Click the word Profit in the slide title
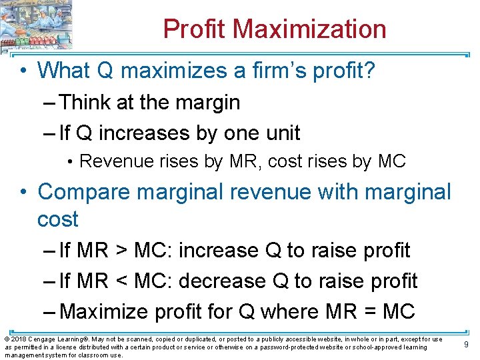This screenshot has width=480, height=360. click(194, 29)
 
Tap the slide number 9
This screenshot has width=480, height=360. click(466, 345)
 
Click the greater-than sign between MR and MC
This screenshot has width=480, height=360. click(121, 251)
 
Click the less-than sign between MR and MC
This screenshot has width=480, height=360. click(121, 281)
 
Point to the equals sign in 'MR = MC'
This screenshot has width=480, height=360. click(370, 311)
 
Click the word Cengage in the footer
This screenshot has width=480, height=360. click(42, 339)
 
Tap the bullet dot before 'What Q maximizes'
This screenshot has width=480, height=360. click(24, 70)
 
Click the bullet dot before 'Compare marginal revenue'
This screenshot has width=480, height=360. click(24, 192)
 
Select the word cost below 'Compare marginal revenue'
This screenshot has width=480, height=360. click(58, 219)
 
